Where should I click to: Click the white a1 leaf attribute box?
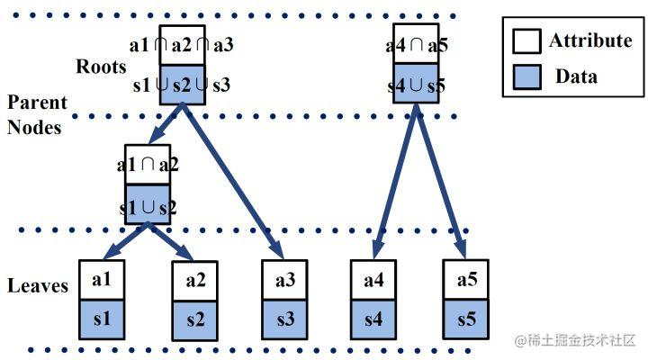[102, 280]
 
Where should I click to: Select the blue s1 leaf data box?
[102, 319]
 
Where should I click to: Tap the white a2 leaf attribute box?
[194, 281]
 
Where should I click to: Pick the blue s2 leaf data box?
[194, 320]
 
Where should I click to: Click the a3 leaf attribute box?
[284, 280]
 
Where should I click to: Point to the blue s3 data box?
[284, 319]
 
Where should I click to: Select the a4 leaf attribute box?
[373, 280]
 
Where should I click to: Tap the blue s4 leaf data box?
[373, 319]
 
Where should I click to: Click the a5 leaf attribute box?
[466, 279]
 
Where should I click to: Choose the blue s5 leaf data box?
[466, 319]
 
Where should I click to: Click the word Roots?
[101, 67]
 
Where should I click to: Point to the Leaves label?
[38, 285]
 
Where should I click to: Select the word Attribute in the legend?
[590, 40]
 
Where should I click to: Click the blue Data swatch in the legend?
[526, 76]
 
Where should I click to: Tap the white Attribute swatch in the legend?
[526, 40]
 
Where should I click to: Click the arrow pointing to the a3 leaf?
[233, 182]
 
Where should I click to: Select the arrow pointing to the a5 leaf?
[441, 182]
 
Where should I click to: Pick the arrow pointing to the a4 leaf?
[395, 182]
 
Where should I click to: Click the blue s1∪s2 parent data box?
[148, 204]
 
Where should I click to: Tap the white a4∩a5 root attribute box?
[416, 44]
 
